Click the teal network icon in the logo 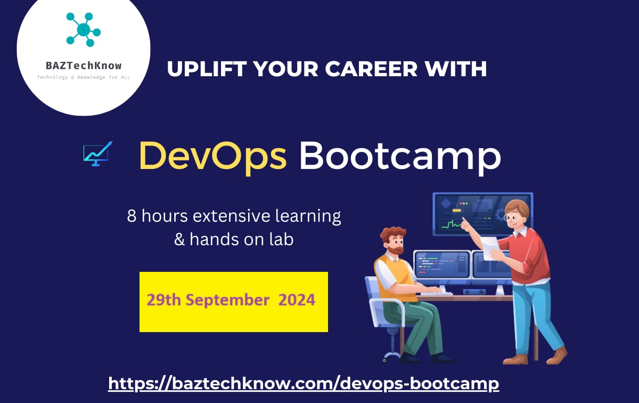(84, 30)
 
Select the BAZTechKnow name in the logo (84, 66)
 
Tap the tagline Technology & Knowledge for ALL (84, 78)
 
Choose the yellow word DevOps (212, 156)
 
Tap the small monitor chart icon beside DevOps (97, 154)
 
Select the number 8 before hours (132, 216)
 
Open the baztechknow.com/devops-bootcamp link (304, 383)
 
